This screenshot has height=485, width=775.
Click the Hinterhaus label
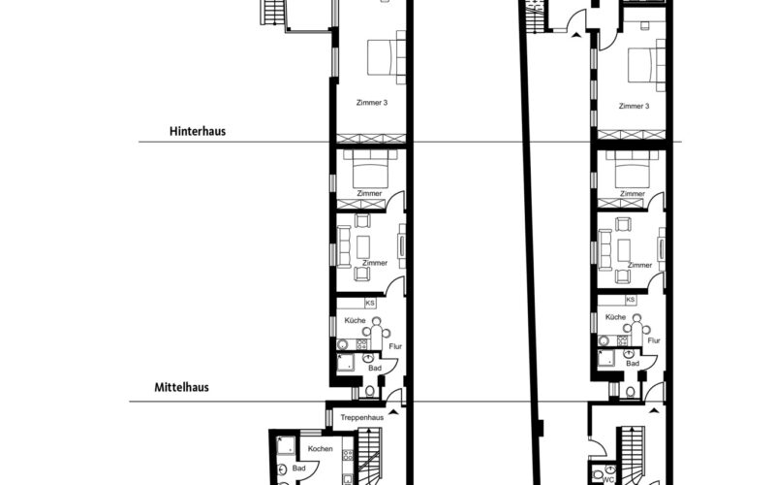[197, 130]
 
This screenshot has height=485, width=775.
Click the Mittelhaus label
[181, 387]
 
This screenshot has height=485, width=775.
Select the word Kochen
[321, 449]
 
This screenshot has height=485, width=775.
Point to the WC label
[608, 477]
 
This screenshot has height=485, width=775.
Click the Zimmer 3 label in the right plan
[633, 106]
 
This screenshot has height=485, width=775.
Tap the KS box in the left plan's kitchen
[369, 304]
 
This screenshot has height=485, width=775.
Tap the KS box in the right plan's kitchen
[631, 301]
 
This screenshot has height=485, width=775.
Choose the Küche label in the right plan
[614, 318]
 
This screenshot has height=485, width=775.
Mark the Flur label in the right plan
[654, 340]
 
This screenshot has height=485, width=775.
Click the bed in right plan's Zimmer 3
[643, 66]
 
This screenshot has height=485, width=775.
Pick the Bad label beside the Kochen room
[299, 469]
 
